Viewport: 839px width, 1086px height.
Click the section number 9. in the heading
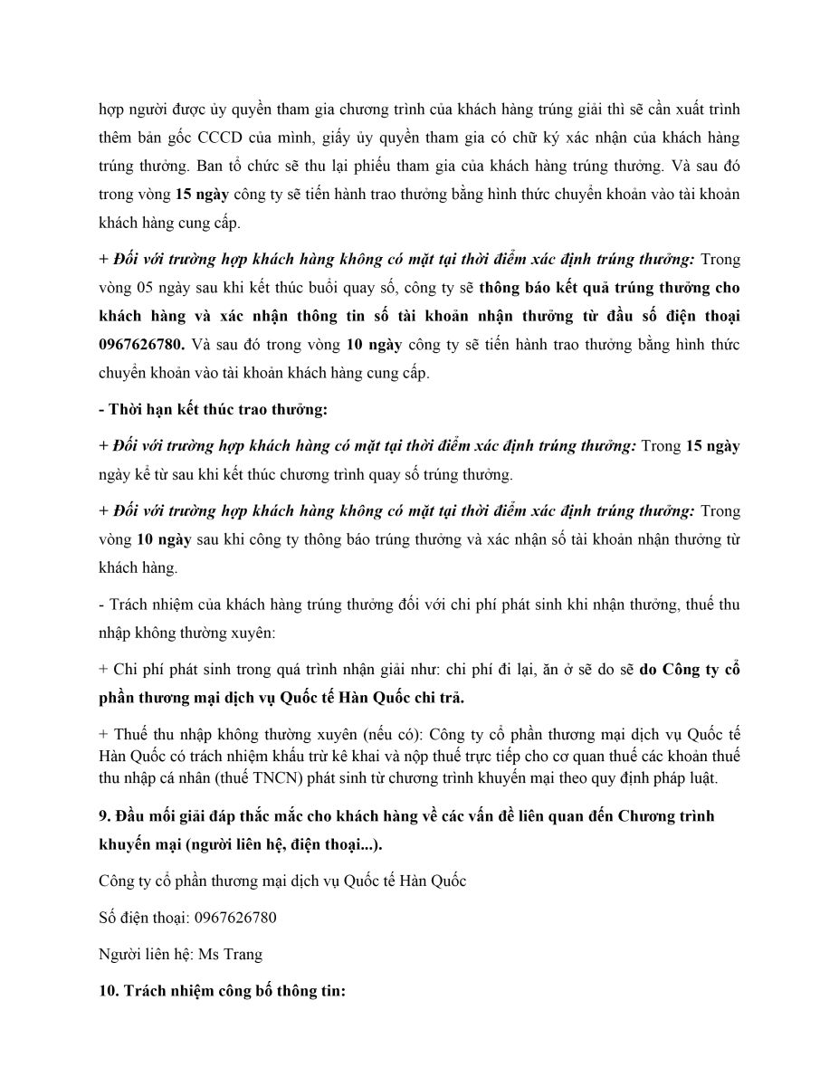(104, 815)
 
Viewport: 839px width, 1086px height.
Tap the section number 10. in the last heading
(110, 991)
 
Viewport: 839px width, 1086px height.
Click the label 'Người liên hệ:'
(145, 954)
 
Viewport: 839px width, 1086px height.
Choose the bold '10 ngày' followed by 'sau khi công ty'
(164, 539)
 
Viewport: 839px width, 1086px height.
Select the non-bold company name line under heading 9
(282, 880)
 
